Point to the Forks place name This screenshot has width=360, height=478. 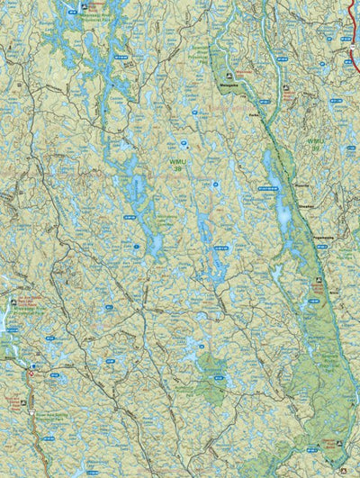pyautogui.click(x=255, y=116)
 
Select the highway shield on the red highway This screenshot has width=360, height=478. pyautogui.click(x=352, y=52)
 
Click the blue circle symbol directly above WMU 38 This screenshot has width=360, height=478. pyautogui.click(x=184, y=141)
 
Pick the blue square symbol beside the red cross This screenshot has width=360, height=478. pyautogui.click(x=36, y=366)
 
